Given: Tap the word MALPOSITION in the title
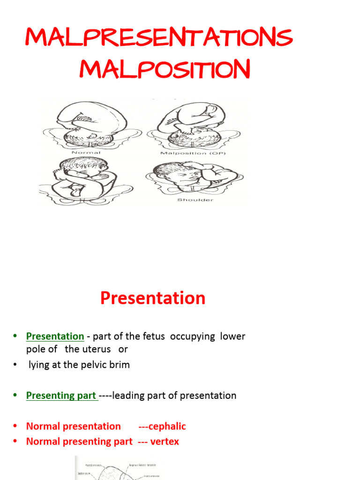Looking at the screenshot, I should point(164,70).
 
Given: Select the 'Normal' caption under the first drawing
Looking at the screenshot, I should point(87,153).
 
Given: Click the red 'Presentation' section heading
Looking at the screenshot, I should point(153,298).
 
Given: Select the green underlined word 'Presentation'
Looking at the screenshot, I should point(55,336).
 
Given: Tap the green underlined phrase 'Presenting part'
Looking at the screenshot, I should point(61,395).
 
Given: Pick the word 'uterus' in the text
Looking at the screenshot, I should point(96,349).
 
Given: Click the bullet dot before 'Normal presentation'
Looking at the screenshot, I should point(15,426).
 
